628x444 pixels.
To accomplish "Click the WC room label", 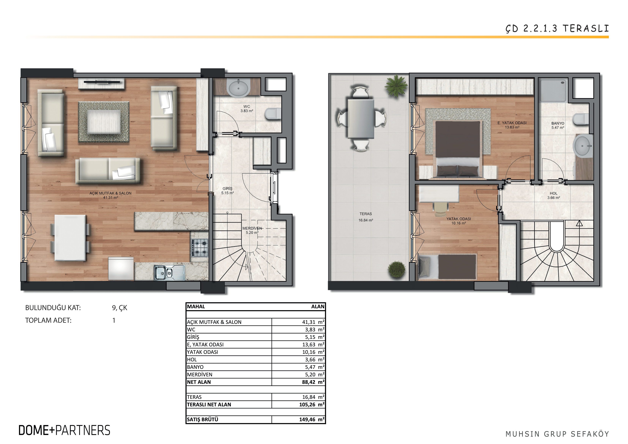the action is (247, 107).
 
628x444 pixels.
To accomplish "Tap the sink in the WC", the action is (238, 88).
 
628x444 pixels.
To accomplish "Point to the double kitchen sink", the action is (169, 272).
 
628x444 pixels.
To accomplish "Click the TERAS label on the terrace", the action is (366, 214).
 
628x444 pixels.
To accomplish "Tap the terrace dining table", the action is (361, 118).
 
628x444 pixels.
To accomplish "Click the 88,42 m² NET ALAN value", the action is (313, 382).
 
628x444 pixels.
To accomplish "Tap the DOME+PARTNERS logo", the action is (64, 430).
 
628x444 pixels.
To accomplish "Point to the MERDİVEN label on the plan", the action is (252, 228).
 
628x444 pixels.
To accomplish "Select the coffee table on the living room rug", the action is (104, 122).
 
